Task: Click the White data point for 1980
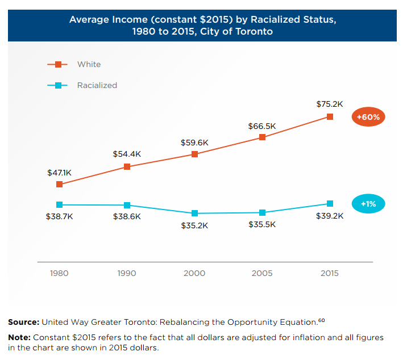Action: point(59,184)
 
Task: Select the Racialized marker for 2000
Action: point(194,213)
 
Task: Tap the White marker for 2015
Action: point(330,117)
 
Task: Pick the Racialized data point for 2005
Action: point(262,212)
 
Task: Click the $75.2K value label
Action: point(330,104)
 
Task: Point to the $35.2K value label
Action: point(194,225)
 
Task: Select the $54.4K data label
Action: point(127,154)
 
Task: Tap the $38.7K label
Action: point(59,217)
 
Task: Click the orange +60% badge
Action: point(368,117)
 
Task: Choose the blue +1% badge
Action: point(368,203)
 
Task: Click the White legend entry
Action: point(89,64)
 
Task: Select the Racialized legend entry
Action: point(97,85)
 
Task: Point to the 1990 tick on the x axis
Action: point(127,273)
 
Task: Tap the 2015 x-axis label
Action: point(330,273)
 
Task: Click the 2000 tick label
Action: point(194,273)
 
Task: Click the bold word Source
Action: point(23,322)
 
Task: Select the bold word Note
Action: point(19,337)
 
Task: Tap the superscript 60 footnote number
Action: point(321,320)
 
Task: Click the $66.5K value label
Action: point(262,125)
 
